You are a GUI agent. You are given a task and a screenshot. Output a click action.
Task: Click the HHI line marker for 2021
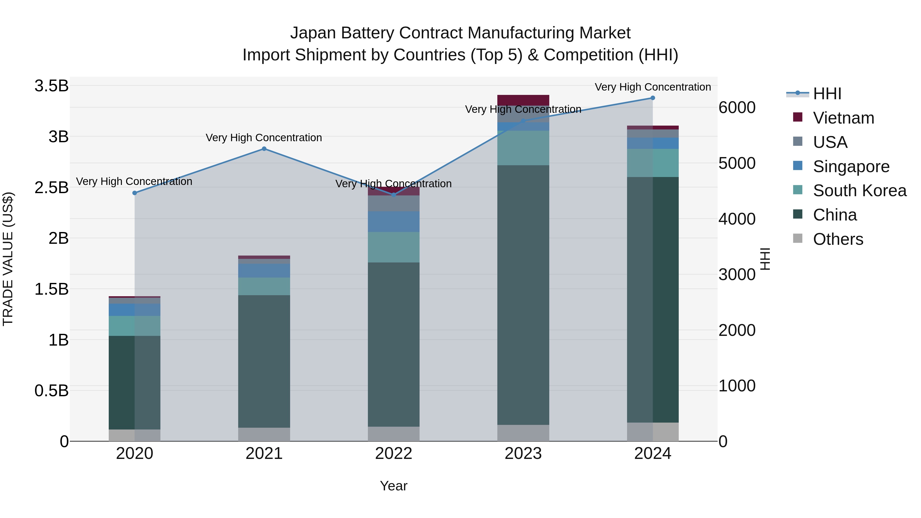click(264, 149)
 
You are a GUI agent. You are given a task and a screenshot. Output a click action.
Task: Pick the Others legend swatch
click(798, 238)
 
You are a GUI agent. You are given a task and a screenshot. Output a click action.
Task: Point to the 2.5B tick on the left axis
click(51, 187)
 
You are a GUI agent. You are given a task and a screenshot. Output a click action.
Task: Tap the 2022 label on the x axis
click(394, 454)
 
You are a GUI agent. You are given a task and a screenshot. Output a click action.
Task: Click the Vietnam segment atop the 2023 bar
click(523, 100)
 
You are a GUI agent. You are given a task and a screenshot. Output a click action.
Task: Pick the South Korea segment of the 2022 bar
click(394, 247)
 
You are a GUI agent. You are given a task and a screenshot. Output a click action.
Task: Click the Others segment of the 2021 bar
click(264, 434)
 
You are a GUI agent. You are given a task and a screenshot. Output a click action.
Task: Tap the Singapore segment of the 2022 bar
click(394, 222)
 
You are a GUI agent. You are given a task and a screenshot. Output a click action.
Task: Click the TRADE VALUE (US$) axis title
click(8, 259)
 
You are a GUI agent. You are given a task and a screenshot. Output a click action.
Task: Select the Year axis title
click(394, 486)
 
